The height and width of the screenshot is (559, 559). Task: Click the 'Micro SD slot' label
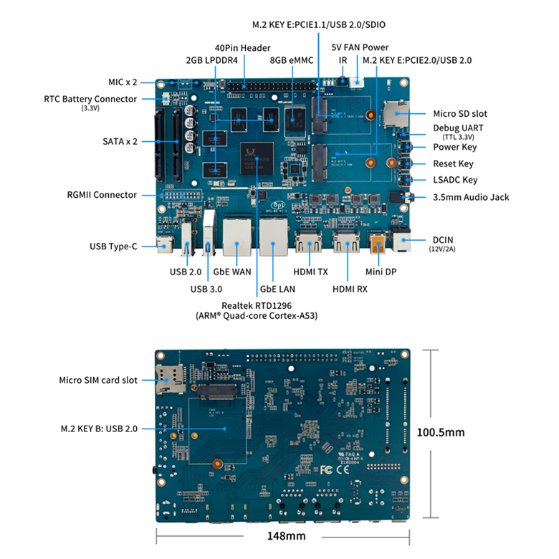point(460,113)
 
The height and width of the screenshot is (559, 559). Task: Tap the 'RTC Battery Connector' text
point(90,99)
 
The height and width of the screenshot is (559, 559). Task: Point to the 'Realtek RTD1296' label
point(257,305)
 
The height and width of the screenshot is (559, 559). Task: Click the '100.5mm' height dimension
point(441,432)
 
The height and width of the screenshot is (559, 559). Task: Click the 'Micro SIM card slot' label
point(98,380)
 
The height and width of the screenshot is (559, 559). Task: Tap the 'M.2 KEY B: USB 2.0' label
point(99,429)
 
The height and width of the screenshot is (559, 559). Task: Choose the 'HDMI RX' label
point(350,289)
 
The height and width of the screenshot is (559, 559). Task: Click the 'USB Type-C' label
point(113,247)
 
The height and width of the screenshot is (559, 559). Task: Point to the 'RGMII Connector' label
point(102,195)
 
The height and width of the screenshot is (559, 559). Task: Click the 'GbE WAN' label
point(231,272)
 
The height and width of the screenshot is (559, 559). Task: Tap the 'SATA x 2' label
point(120,141)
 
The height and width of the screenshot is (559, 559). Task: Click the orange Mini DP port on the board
point(377,246)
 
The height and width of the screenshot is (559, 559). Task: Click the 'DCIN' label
point(444,239)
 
